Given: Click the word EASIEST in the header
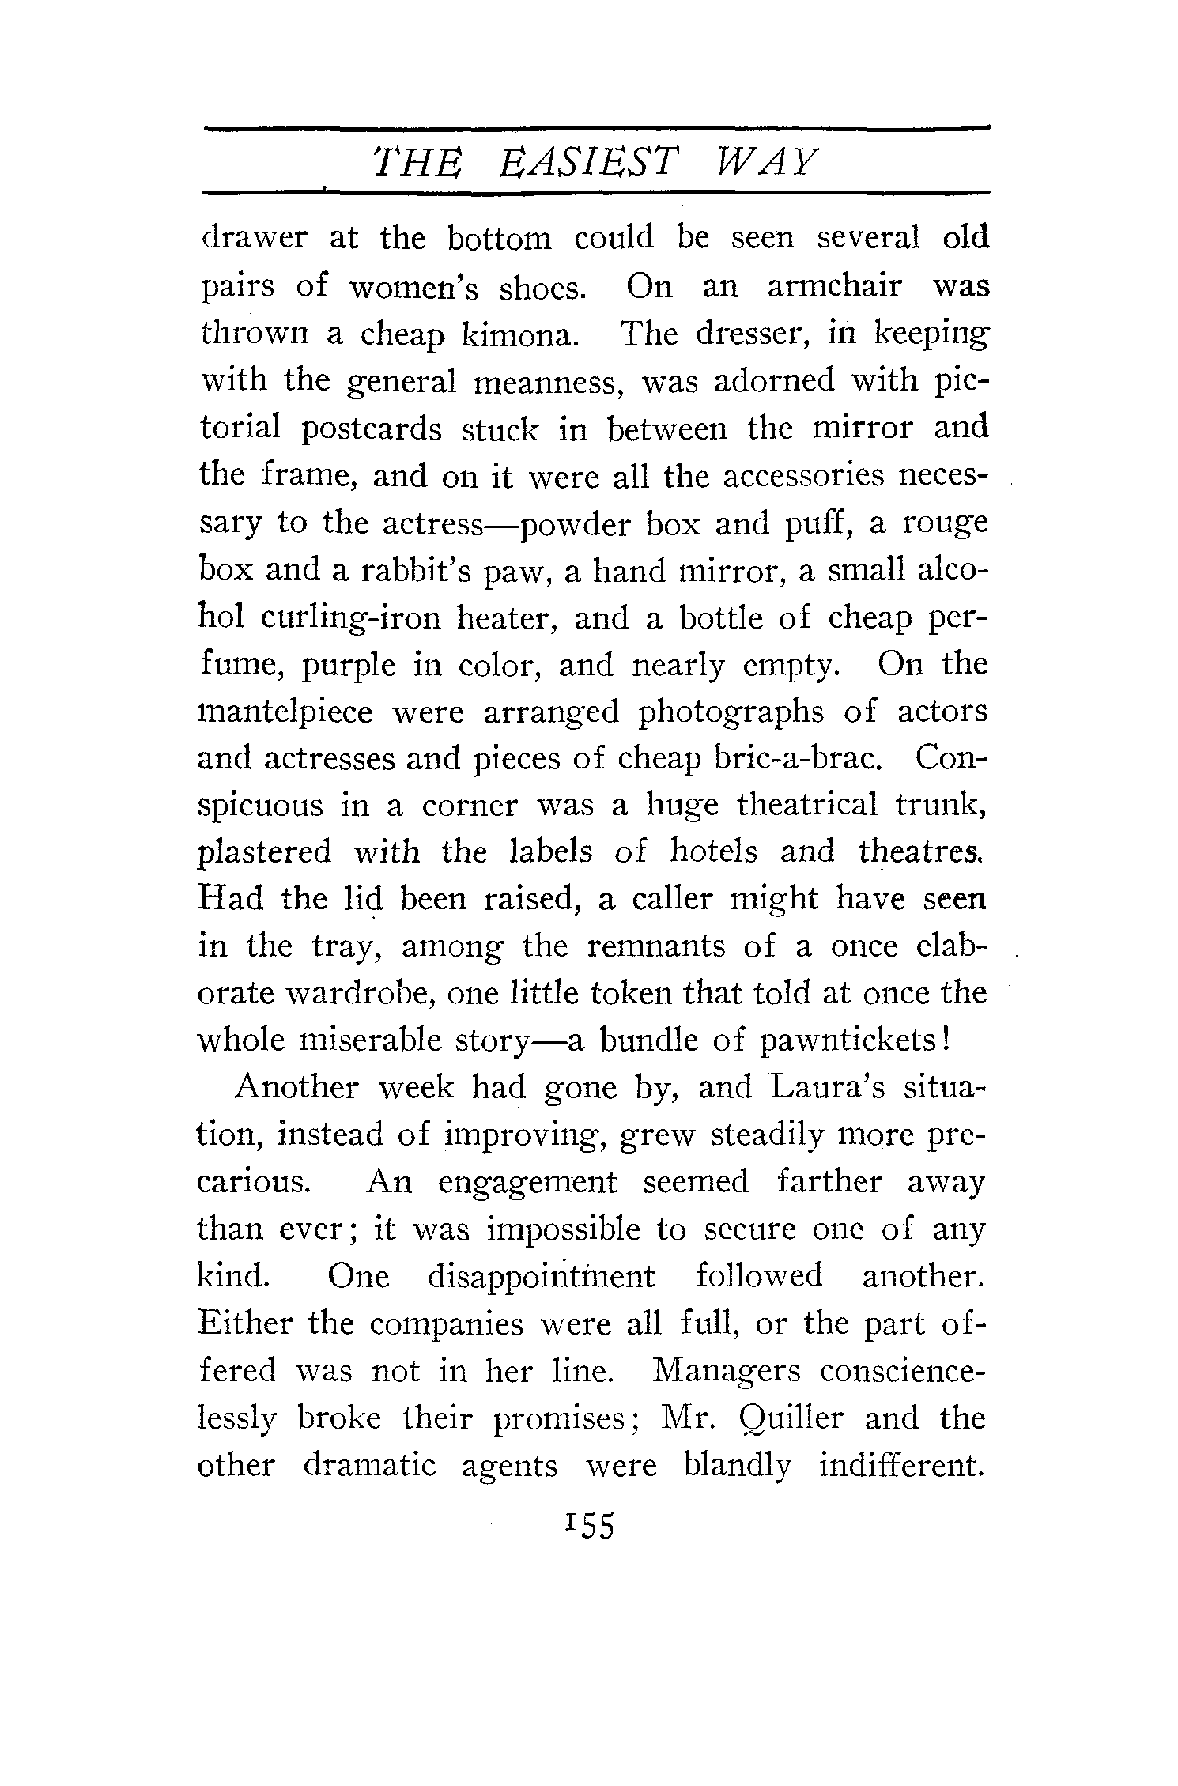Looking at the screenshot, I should click(x=589, y=163).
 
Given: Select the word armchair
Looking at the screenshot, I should click(x=833, y=286).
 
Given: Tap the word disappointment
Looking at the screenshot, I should click(x=541, y=1277).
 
